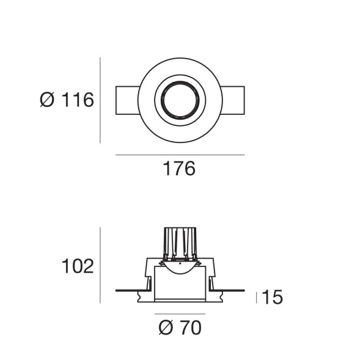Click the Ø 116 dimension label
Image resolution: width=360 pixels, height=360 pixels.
(x=67, y=100)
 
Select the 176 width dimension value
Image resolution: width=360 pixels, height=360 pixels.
(x=179, y=169)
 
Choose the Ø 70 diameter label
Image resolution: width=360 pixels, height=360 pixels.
(x=179, y=329)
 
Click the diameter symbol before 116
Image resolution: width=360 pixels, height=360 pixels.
(x=47, y=100)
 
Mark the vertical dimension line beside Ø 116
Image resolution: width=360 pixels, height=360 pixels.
(x=100, y=100)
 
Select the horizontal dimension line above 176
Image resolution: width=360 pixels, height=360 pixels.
(x=179, y=155)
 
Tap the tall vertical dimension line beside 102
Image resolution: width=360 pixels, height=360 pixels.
(x=100, y=265)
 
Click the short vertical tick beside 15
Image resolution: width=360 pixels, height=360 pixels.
(x=256, y=298)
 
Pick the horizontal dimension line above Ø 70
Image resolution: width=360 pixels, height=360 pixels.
(x=179, y=314)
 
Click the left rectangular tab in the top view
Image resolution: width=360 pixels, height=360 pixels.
(x=127, y=100)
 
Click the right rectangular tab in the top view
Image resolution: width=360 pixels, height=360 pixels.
(x=233, y=100)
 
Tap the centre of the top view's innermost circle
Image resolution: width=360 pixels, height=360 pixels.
(x=179, y=100)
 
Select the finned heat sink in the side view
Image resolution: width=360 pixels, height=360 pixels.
(x=179, y=243)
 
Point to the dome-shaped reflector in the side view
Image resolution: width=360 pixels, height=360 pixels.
(x=179, y=267)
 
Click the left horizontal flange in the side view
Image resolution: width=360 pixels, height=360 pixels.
(x=130, y=290)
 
